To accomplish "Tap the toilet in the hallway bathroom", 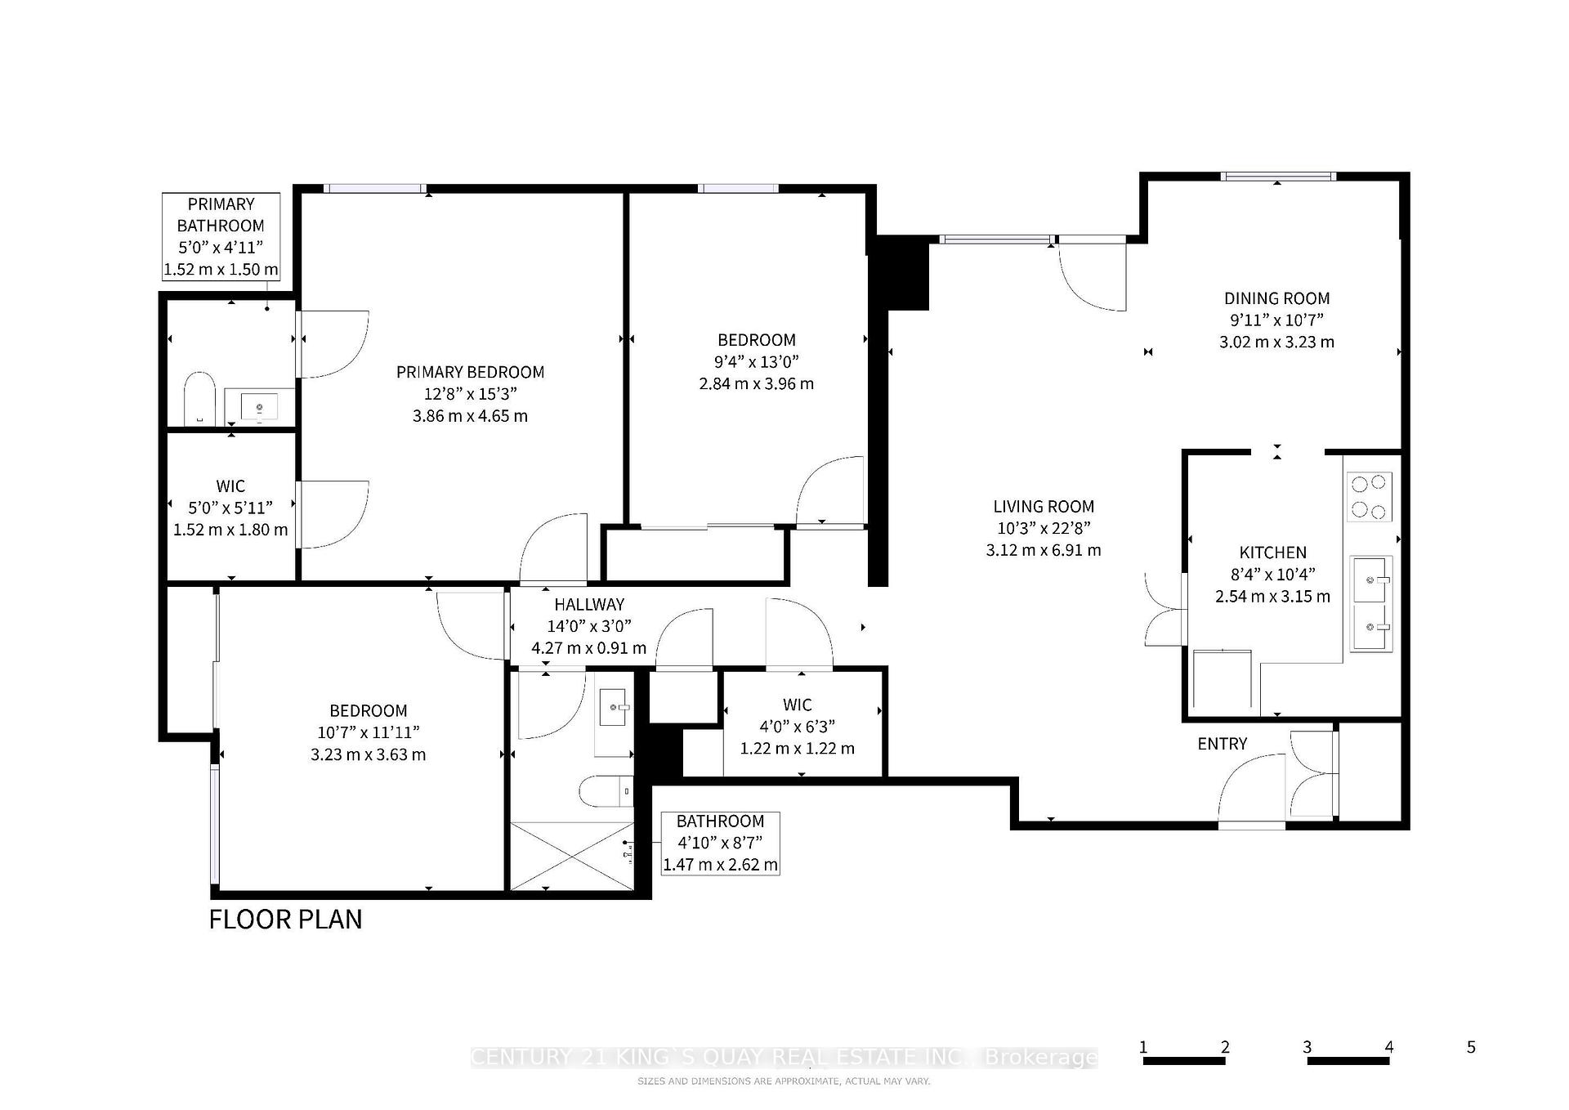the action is click(606, 790).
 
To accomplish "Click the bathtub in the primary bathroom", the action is click(199, 399).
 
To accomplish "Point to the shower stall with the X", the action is click(571, 856).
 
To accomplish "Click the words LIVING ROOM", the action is click(1044, 507).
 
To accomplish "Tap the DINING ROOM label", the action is click(1276, 298).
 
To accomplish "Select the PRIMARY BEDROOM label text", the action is click(470, 372).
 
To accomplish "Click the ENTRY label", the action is click(1223, 744).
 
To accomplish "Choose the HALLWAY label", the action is click(589, 605).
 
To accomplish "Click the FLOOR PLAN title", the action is click(286, 919).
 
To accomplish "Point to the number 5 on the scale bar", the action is click(1471, 1047).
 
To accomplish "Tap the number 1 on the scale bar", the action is click(1143, 1047).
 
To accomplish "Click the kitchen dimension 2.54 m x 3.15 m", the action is click(1272, 597).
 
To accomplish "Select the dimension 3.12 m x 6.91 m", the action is click(1044, 550).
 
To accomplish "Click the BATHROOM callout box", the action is click(720, 843).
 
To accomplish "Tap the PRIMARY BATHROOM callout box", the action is click(221, 236).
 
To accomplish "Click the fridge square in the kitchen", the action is click(1223, 678).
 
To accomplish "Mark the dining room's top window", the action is click(1279, 176).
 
